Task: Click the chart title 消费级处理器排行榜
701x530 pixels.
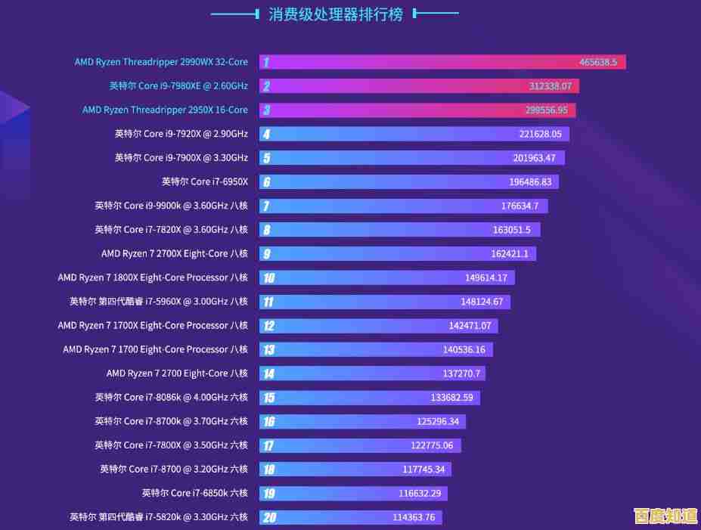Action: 336,14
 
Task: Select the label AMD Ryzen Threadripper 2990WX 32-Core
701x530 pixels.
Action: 161,62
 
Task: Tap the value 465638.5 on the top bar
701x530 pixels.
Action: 598,62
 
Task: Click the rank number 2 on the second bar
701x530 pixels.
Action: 266,86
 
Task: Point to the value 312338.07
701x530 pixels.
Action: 550,86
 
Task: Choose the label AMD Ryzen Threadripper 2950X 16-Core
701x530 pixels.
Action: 165,110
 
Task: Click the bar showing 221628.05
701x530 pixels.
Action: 414,134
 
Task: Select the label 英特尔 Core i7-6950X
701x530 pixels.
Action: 204,181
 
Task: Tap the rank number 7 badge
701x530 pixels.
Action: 266,206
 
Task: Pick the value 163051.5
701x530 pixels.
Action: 511,230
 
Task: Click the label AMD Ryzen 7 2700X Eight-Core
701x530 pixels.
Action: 174,253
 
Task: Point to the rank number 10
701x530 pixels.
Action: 268,277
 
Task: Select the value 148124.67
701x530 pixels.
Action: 481,302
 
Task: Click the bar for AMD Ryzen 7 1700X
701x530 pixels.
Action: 378,326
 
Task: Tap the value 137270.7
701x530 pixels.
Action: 463,373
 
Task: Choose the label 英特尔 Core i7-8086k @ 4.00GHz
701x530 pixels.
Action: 171,397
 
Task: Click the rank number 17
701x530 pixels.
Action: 268,445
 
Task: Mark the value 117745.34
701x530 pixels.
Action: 423,470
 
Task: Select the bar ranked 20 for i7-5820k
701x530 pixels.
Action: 350,517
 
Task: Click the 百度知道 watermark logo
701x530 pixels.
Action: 665,516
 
